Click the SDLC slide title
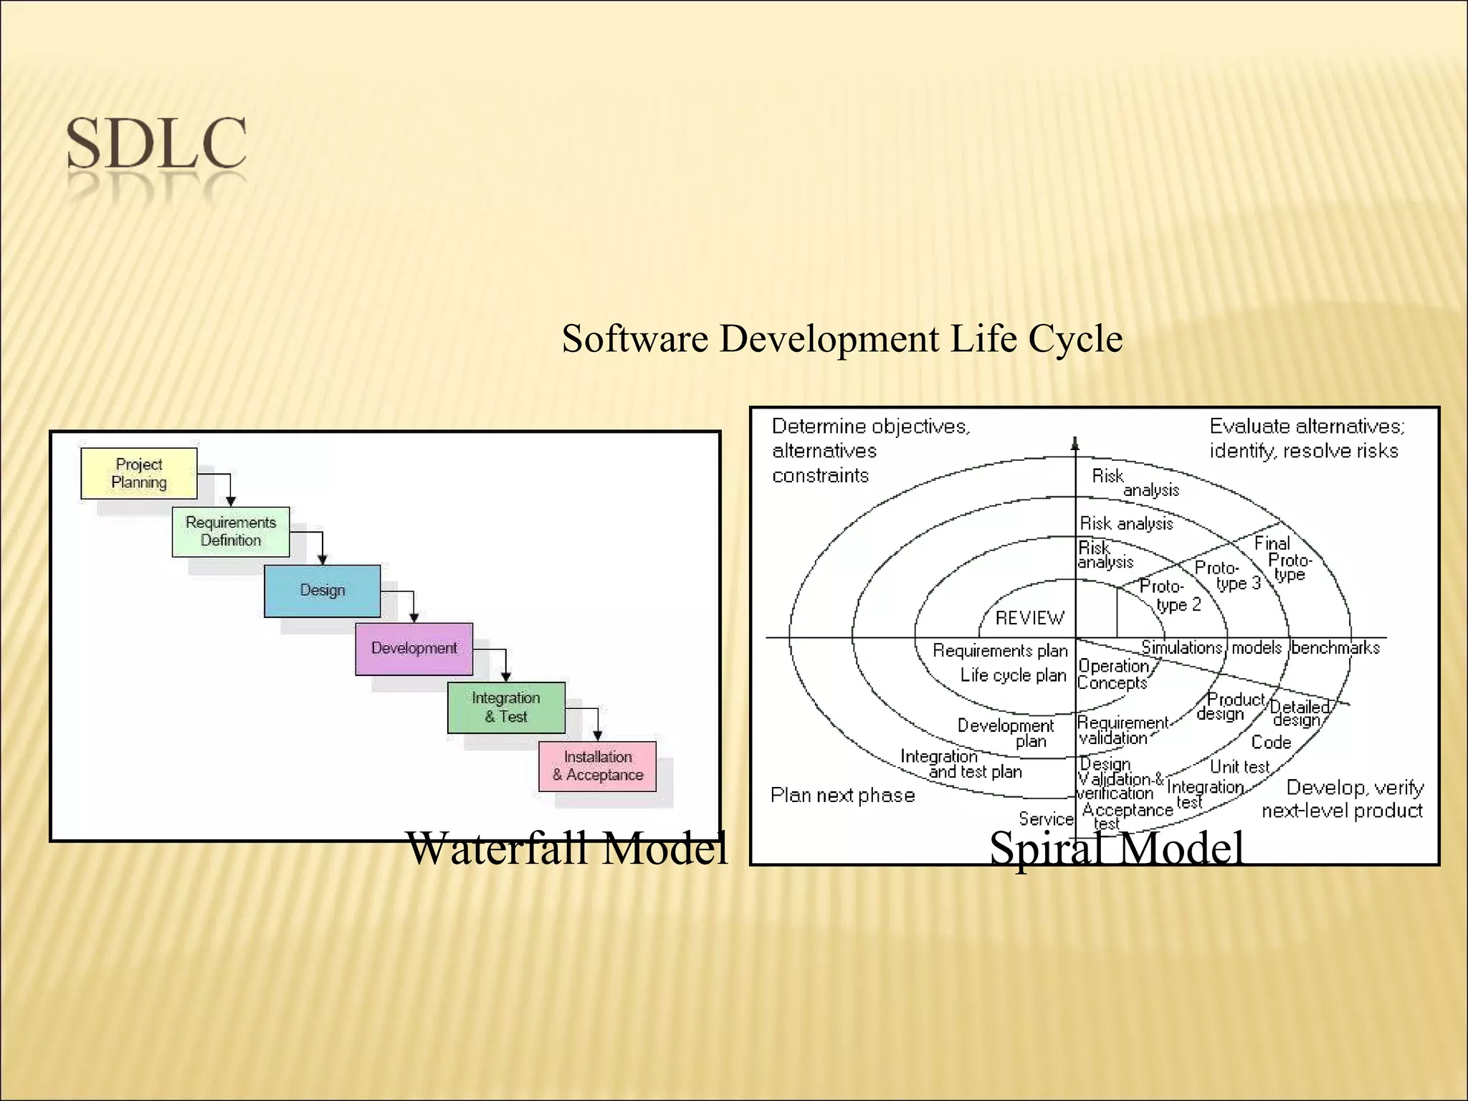(156, 144)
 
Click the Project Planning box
(139, 473)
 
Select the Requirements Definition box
(231, 531)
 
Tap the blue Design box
(322, 591)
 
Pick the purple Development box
(414, 648)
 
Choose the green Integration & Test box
(506, 707)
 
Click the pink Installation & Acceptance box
(597, 766)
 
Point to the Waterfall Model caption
(566, 848)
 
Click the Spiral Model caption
(1116, 849)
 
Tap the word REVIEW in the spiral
(1029, 618)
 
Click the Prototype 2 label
(1170, 596)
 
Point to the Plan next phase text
(842, 795)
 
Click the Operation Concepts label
(1113, 675)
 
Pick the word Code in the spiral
(1270, 743)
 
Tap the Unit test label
(1239, 767)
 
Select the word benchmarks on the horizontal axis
(1335, 648)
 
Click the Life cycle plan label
(1013, 675)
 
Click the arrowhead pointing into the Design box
(323, 560)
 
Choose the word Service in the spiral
(1046, 819)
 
